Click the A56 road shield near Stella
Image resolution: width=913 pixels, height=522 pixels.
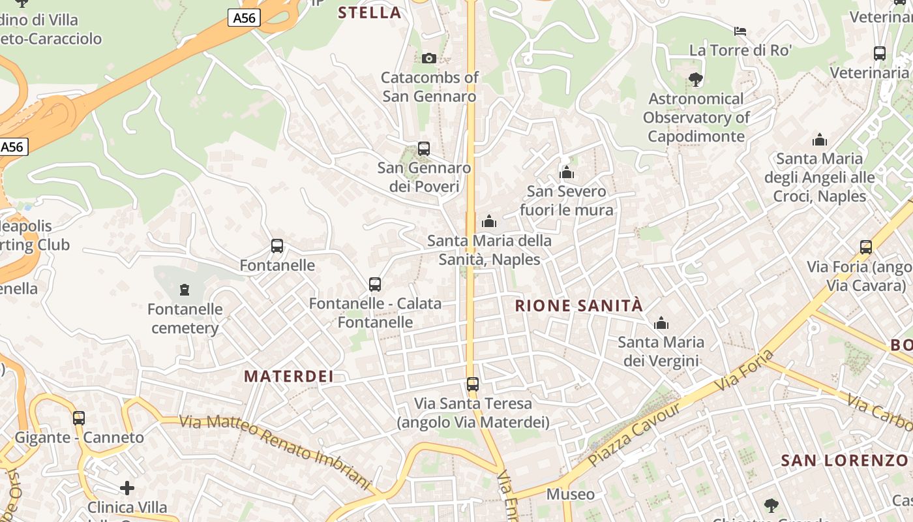pyautogui.click(x=245, y=18)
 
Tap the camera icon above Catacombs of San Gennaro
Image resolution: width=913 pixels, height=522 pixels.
pyautogui.click(x=428, y=58)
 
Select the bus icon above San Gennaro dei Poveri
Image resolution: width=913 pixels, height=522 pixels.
pyautogui.click(x=424, y=149)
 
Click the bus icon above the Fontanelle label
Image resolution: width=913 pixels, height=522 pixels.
pyautogui.click(x=277, y=246)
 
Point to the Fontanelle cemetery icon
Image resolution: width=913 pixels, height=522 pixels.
pyautogui.click(x=185, y=289)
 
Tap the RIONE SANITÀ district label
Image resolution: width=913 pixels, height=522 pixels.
pyautogui.click(x=579, y=305)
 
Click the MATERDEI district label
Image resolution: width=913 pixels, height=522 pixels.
pyautogui.click(x=289, y=376)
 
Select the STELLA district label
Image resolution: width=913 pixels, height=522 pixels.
pyautogui.click(x=370, y=12)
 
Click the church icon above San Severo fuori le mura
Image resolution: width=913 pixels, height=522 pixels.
pyautogui.click(x=567, y=172)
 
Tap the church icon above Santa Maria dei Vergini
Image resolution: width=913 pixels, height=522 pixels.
pyautogui.click(x=661, y=323)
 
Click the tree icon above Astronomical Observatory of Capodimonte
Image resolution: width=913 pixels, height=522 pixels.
pyautogui.click(x=696, y=80)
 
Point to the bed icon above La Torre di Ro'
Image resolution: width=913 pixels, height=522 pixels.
pyautogui.click(x=740, y=31)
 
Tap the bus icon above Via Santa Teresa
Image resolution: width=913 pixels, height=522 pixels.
pyautogui.click(x=473, y=384)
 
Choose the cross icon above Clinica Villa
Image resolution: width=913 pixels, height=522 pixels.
pyautogui.click(x=127, y=487)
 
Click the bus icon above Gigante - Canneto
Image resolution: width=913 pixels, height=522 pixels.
pyautogui.click(x=79, y=418)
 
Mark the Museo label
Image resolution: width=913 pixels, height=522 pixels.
pyautogui.click(x=571, y=494)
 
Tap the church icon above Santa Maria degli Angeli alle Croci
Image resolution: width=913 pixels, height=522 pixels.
pyautogui.click(x=820, y=140)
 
